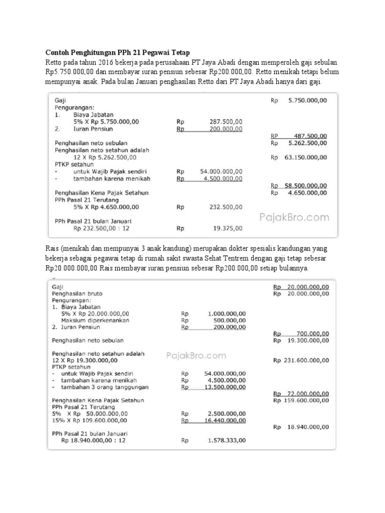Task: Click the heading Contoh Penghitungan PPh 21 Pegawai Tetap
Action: coord(118,53)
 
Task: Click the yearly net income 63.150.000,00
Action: coord(306,157)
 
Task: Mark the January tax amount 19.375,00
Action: coord(228,228)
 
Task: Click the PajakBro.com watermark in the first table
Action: coord(294,217)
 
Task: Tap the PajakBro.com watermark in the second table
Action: coord(196,356)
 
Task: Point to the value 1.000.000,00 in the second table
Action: coord(227,314)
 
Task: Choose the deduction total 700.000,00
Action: coord(311,333)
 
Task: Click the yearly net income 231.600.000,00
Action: coord(301,360)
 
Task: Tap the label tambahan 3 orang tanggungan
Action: coord(97,387)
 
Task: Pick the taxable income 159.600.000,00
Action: coord(301,400)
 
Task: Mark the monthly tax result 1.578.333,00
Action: coord(227,440)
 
